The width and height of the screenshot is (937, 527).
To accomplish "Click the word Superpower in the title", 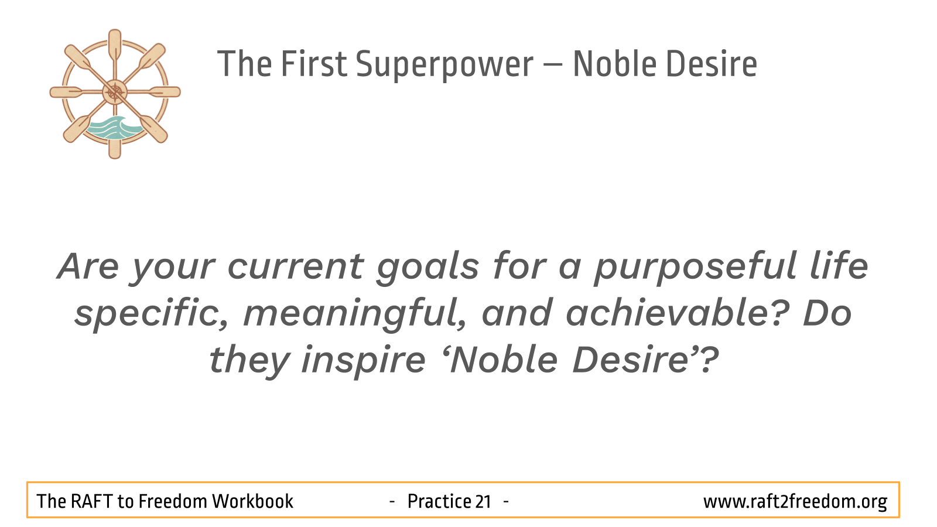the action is [444, 65].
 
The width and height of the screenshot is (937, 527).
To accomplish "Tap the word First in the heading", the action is [314, 64].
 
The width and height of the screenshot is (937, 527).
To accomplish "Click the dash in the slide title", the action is [553, 66].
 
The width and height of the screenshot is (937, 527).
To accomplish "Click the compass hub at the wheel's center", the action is [115, 92].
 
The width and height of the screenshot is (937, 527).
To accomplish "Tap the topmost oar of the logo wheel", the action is [115, 46].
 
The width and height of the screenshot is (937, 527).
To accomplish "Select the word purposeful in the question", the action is [695, 267].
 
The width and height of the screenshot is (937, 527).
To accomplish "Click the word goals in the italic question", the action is [428, 267].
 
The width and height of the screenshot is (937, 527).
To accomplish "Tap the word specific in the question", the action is [152, 314].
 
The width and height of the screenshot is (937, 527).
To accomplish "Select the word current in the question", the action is [296, 268].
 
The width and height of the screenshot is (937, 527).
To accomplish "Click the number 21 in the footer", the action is [483, 501].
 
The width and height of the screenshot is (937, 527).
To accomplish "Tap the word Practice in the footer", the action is [439, 501].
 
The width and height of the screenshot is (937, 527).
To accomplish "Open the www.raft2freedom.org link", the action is [795, 502].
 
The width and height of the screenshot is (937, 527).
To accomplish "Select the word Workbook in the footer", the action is [252, 501].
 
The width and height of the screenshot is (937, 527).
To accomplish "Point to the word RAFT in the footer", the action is [91, 501].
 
